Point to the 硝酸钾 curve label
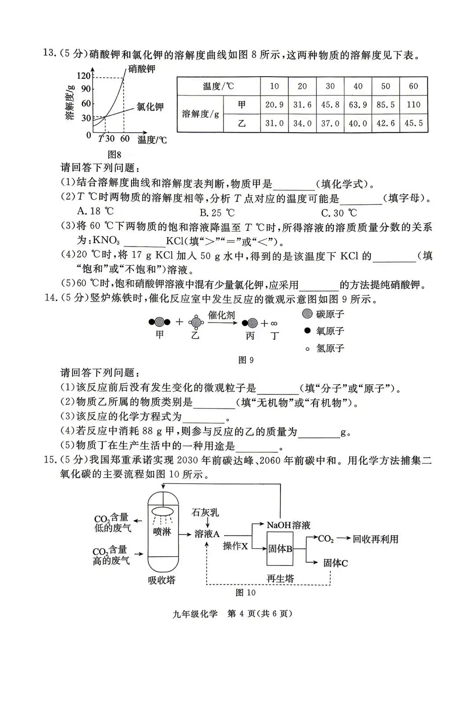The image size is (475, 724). pyautogui.click(x=142, y=69)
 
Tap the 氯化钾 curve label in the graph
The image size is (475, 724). pyautogui.click(x=150, y=107)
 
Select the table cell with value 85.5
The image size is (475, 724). pyautogui.click(x=385, y=105)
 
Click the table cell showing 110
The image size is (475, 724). pyautogui.click(x=413, y=105)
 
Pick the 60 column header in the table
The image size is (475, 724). pyautogui.click(x=413, y=86)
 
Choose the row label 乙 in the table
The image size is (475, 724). pyautogui.click(x=241, y=123)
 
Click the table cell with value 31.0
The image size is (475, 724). pyautogui.click(x=274, y=123)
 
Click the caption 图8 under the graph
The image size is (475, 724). pyautogui.click(x=114, y=155)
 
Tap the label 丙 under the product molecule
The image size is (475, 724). pyautogui.click(x=250, y=336)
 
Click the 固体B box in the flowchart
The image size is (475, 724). pyautogui.click(x=280, y=549)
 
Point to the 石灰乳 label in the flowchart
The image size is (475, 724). pyautogui.click(x=205, y=512)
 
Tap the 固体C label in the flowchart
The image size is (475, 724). pyautogui.click(x=336, y=563)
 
